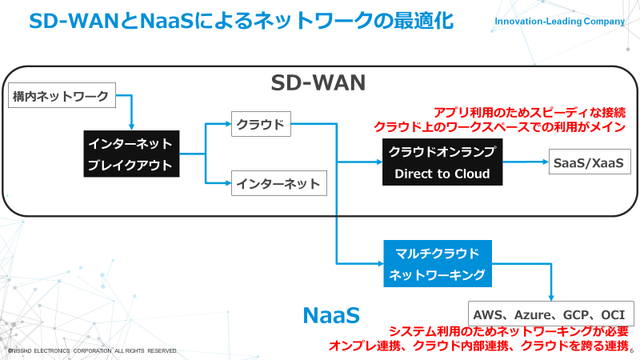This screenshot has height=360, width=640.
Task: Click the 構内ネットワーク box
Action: pos(61,97)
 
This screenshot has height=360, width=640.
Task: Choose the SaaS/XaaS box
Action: pos(587,162)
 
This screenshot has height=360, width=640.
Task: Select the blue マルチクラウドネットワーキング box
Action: pos(436,264)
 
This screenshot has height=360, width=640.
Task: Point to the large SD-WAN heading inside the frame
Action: pos(318,83)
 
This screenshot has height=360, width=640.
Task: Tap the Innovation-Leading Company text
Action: pos(561,22)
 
